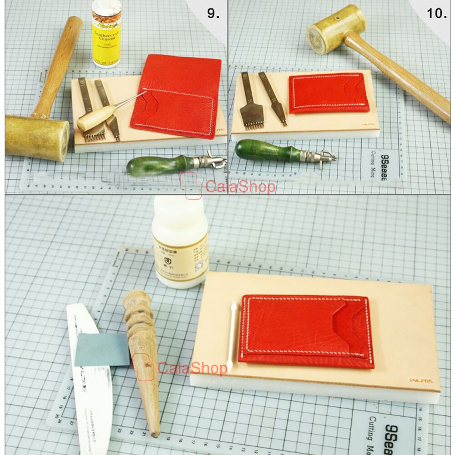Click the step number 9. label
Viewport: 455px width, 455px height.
213,13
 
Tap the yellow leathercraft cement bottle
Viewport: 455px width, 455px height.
106,34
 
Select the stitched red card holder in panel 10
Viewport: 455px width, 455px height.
328,93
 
